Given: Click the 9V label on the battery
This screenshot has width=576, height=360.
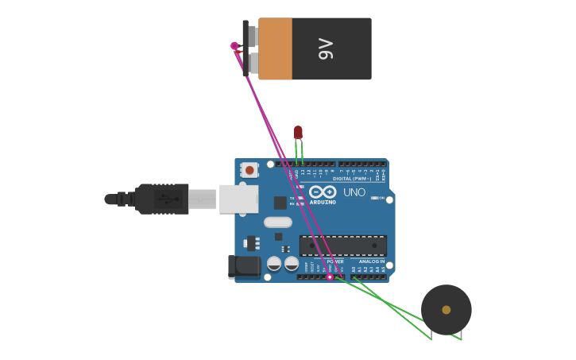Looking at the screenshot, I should point(326,48).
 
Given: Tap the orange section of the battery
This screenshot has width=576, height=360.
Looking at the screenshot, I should point(275,48).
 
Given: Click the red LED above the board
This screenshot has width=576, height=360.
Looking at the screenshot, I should point(298,132).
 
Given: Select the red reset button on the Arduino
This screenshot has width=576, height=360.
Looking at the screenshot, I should point(249,170).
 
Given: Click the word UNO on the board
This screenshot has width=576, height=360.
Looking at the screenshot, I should point(354,192).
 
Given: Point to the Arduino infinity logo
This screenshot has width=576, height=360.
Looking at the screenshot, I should point(323,192).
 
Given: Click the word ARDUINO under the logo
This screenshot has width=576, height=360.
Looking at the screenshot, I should point(323,203).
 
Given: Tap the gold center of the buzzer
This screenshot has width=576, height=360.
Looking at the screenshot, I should point(446,310).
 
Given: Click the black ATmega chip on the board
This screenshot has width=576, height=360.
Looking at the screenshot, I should point(342,246).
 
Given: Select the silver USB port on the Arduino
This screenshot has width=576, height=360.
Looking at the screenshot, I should point(238,199).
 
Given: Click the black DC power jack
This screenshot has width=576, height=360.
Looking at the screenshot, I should point(244,267).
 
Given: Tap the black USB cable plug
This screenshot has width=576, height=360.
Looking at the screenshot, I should point(162,199).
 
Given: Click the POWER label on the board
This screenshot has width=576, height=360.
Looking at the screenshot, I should point(335,261).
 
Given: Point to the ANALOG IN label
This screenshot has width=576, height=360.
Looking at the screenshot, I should point(371,261).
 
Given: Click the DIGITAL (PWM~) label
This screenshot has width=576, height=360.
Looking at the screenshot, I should point(353,179).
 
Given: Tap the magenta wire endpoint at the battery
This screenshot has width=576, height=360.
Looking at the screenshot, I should point(234,46).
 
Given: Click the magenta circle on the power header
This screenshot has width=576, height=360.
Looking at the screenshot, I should point(330,277).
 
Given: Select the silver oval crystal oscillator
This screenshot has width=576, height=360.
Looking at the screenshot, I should point(278,223).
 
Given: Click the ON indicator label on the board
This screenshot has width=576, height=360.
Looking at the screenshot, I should point(381,198).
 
